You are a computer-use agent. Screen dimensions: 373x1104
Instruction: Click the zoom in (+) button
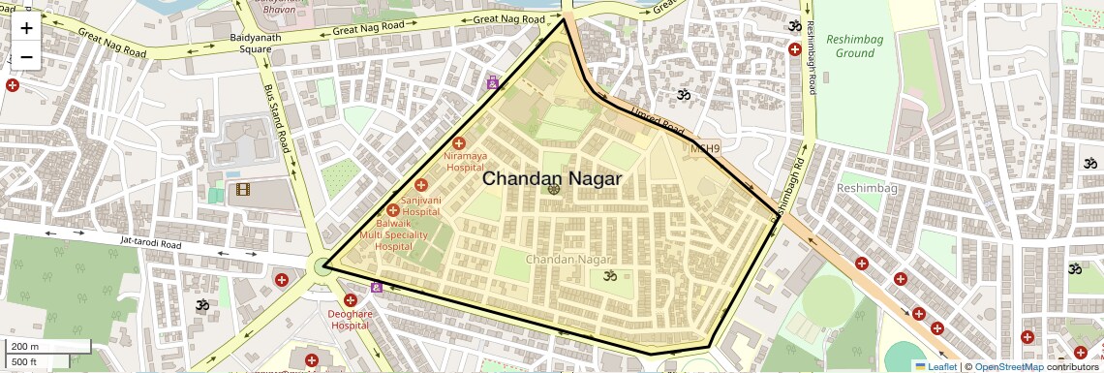(26, 27)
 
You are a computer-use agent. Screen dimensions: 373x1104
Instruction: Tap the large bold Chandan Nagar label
(551, 178)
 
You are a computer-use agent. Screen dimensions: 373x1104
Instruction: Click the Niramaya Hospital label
(465, 161)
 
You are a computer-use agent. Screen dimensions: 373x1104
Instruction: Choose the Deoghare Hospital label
(350, 320)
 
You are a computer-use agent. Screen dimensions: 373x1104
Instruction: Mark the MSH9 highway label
(705, 148)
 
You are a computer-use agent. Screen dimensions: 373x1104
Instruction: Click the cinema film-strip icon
(242, 188)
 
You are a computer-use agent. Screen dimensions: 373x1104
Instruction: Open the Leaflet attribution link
(935, 366)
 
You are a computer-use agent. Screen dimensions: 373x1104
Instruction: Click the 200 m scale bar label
(25, 347)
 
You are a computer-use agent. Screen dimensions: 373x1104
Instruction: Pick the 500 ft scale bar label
(25, 362)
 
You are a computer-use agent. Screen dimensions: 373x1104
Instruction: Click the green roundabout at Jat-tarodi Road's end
(322, 266)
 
